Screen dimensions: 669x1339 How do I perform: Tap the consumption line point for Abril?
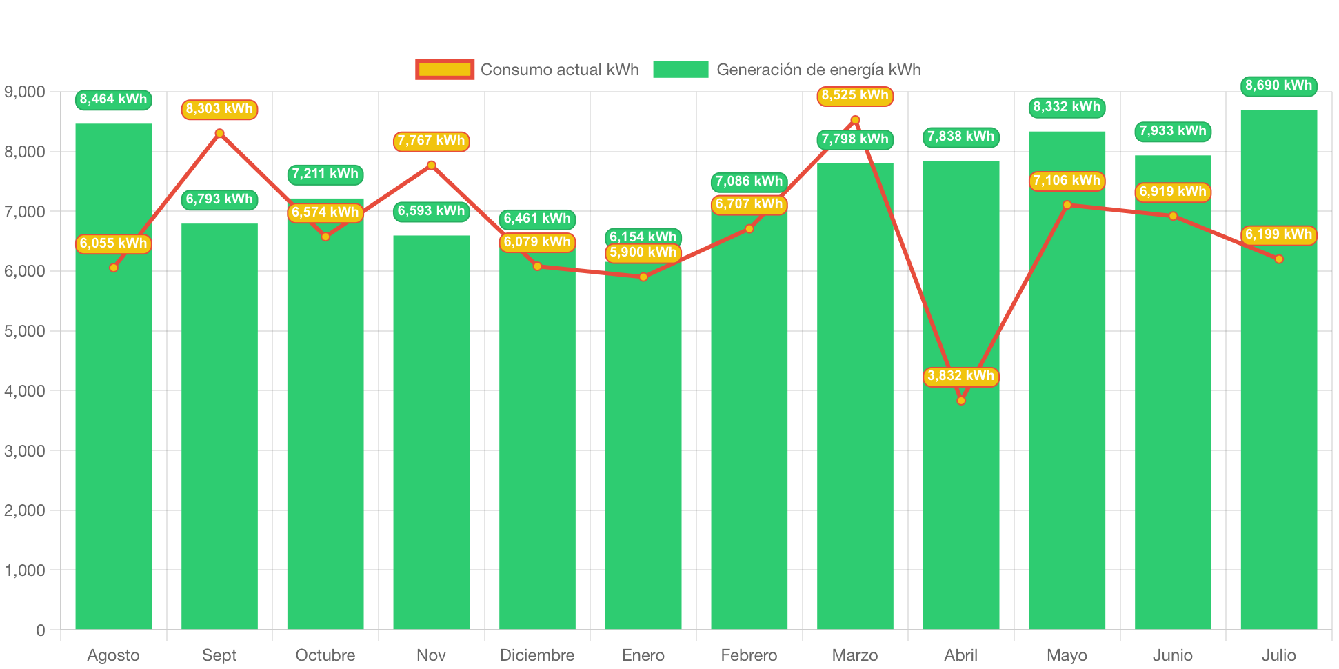pos(961,401)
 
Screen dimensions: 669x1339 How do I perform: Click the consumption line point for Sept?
pos(219,133)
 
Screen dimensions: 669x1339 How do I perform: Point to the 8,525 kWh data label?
pos(855,95)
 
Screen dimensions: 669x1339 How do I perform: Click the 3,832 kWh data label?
pos(960,376)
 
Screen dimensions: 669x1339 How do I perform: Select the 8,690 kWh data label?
pos(1278,86)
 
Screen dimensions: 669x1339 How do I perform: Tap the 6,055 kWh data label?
pos(113,243)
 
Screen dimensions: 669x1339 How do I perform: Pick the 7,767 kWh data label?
pos(431,141)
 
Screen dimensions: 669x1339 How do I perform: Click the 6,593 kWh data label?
pos(431,211)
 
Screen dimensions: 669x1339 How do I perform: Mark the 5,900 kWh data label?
pos(643,252)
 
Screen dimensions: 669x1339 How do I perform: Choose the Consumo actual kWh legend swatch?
pos(445,70)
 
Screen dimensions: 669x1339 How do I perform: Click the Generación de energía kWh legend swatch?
pos(681,70)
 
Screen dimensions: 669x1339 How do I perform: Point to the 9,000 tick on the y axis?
pos(25,92)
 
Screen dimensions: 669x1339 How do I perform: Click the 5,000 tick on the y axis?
pos(25,331)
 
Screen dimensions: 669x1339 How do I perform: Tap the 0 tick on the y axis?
pos(40,630)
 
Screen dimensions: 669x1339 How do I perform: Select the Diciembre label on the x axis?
pos(537,655)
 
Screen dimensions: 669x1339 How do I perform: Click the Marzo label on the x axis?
pos(855,655)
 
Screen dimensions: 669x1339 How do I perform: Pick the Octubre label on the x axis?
pos(325,655)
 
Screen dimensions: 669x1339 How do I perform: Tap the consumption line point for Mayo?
pos(1067,205)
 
